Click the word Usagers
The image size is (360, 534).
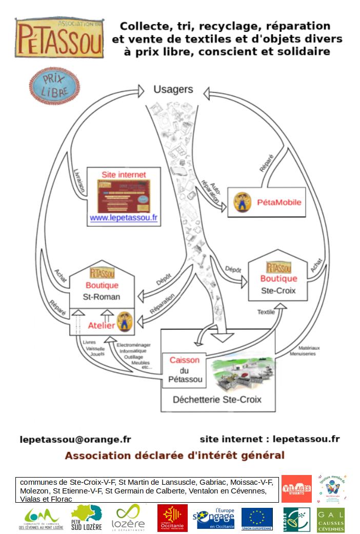click(173, 89)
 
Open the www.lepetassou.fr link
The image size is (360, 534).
click(124, 218)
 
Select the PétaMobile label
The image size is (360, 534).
click(279, 202)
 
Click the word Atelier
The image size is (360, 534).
click(102, 325)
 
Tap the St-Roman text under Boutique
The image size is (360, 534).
click(102, 296)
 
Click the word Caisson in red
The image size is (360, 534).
click(185, 360)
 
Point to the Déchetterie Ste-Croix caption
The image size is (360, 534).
click(217, 400)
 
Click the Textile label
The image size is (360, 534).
click(266, 312)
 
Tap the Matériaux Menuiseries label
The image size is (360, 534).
click(305, 350)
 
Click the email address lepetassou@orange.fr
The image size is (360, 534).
click(75, 439)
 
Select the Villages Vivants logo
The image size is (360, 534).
click(296, 488)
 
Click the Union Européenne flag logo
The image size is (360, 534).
click(257, 519)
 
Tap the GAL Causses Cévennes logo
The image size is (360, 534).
click(331, 520)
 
